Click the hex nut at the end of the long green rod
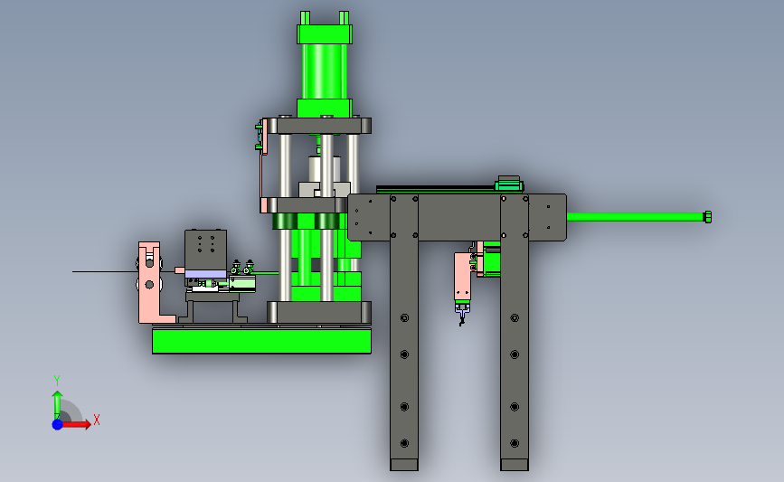(x=707, y=217)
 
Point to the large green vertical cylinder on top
(x=325, y=71)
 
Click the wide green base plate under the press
(x=261, y=341)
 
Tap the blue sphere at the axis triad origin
(x=58, y=424)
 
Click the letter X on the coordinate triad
(x=97, y=420)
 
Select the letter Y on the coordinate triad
(x=56, y=381)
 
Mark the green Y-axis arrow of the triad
(x=58, y=405)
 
